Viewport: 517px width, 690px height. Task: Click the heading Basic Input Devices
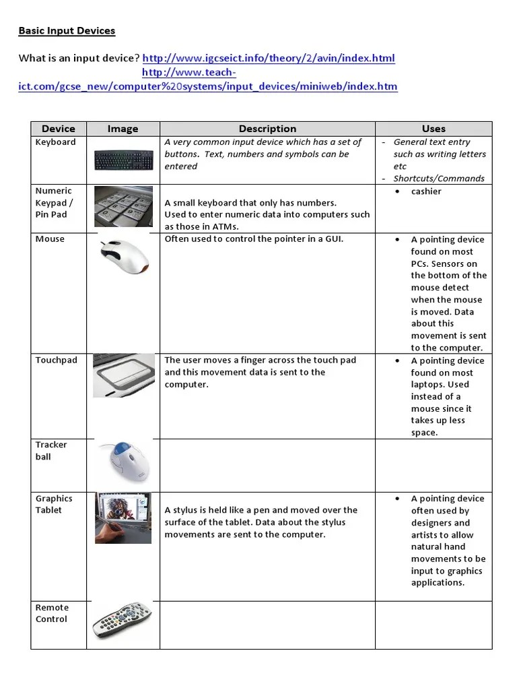[67, 31]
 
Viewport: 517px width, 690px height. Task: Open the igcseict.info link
[269, 58]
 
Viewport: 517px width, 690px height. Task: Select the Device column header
[59, 129]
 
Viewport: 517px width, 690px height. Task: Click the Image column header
[123, 129]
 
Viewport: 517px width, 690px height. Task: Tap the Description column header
[267, 129]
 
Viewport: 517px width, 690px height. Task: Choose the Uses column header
[434, 129]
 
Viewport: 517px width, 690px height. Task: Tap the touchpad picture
[123, 375]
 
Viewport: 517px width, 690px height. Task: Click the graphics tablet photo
[123, 517]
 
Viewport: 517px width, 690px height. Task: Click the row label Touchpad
[57, 360]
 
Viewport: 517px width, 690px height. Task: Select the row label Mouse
[50, 239]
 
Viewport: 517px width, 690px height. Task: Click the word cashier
[426, 191]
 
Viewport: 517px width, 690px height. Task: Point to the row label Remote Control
[52, 613]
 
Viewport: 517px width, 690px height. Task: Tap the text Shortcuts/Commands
[439, 179]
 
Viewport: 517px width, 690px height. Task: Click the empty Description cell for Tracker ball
[267, 465]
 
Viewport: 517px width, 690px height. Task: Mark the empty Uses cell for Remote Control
[434, 625]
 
